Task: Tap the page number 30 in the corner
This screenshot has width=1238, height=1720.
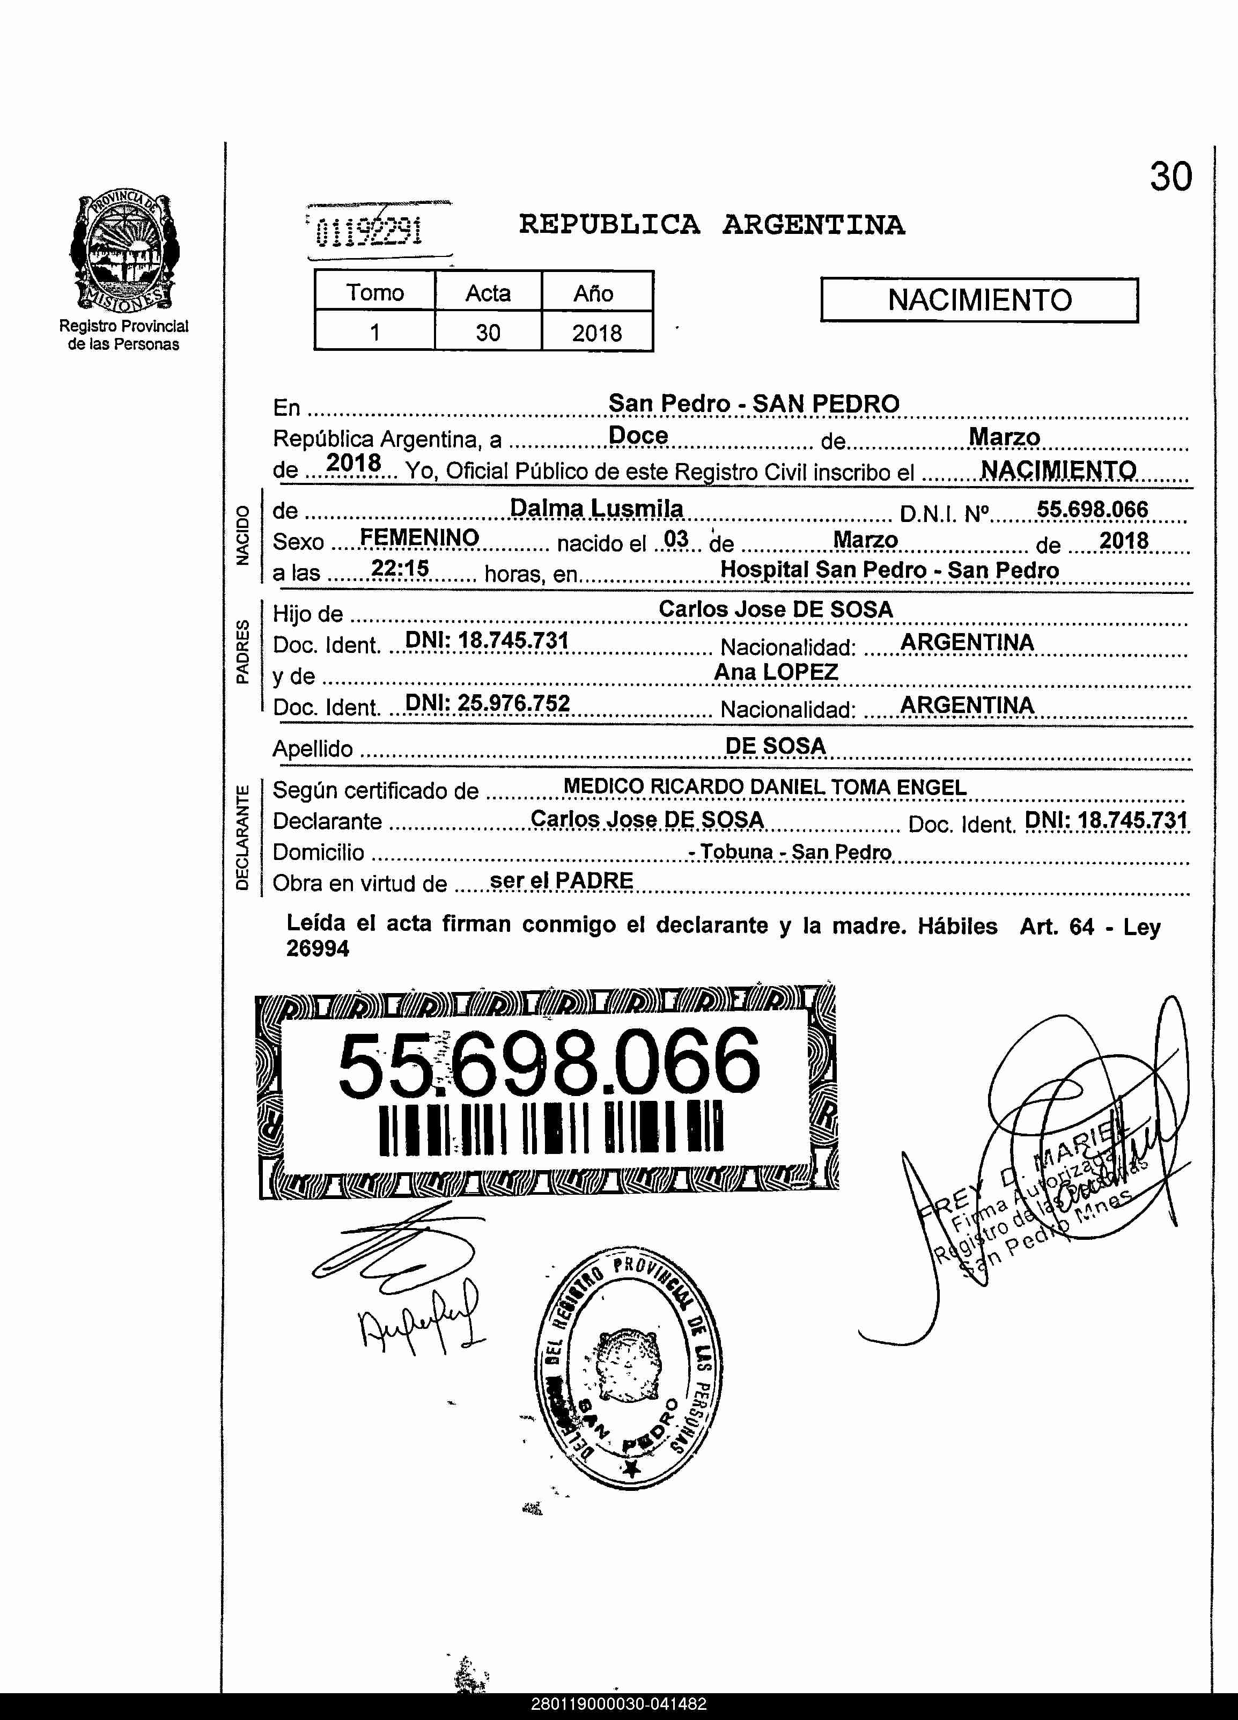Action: [1170, 177]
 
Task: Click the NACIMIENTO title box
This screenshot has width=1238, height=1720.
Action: [979, 300]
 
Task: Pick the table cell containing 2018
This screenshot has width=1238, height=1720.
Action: [596, 332]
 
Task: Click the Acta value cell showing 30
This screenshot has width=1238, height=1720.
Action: [488, 332]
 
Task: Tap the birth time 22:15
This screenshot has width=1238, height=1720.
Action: [400, 568]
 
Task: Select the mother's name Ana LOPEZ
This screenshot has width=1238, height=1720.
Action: [776, 672]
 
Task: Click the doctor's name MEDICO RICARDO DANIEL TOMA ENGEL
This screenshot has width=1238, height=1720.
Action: [764, 787]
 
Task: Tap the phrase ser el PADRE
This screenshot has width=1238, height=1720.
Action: [561, 880]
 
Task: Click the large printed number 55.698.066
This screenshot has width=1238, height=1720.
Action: [548, 1063]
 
